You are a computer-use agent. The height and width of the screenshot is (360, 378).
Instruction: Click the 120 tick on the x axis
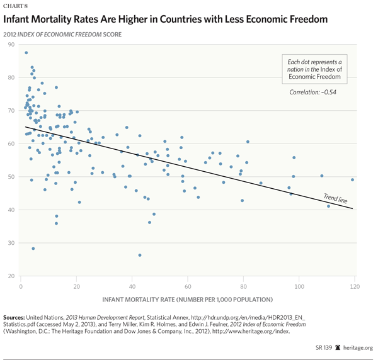tap(354, 288)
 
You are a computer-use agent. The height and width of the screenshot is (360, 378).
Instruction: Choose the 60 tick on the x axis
tap(188, 288)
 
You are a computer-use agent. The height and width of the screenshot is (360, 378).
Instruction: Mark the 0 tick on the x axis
tap(21, 288)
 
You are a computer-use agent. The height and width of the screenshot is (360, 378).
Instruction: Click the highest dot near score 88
tap(26, 53)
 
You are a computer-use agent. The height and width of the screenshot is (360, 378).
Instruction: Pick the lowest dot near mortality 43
tap(140, 255)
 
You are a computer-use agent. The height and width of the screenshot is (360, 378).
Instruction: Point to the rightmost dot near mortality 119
tap(352, 179)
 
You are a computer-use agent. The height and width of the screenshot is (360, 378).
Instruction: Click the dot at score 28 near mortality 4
tap(33, 249)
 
